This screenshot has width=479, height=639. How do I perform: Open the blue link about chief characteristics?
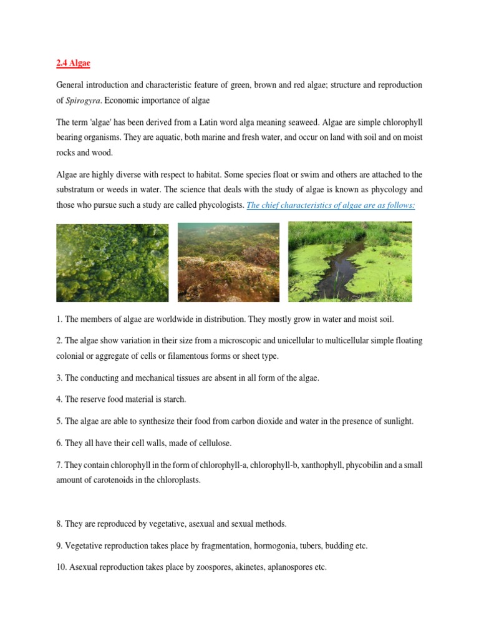(331, 205)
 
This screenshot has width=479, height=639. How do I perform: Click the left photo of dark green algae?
(113, 263)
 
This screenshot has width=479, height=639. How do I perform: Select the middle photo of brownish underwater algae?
(228, 263)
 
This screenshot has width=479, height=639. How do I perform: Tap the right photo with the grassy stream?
(350, 263)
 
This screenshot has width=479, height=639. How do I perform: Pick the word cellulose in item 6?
(213, 443)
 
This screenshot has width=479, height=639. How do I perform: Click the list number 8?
(59, 524)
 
